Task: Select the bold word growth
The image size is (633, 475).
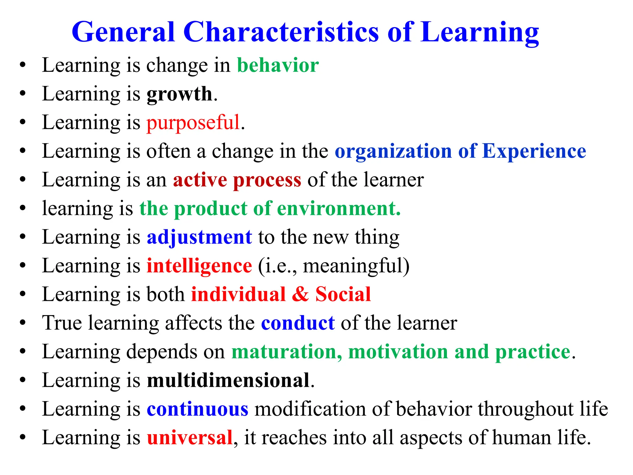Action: coord(179,94)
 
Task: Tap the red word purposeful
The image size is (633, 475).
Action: coord(193,123)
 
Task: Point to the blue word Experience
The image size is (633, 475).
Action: coord(534,151)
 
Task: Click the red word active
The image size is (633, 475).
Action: coord(200,180)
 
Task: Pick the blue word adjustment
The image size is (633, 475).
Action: coord(199,237)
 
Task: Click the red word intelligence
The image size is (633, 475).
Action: coord(199,266)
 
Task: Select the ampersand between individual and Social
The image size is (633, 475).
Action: coord(300,294)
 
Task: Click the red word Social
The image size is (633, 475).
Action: coord(343,294)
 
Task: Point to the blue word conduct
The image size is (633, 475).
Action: coord(298,323)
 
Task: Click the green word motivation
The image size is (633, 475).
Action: coord(398,352)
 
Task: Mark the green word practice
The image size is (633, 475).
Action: coord(533,352)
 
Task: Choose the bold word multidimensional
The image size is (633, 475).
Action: coord(228,380)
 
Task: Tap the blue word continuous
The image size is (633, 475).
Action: coord(198,409)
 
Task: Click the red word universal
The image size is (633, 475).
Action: coord(189,438)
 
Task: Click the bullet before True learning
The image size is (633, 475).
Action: coord(22,323)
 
